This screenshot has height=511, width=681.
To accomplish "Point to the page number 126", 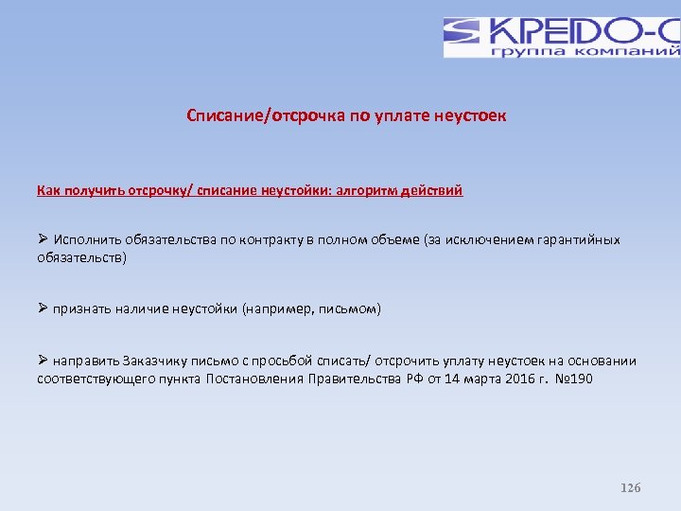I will click(x=630, y=487).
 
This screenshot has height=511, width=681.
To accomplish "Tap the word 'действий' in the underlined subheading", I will click(x=432, y=190).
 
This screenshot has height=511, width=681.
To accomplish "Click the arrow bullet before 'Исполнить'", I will click(x=43, y=239).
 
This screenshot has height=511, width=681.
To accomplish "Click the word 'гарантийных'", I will click(x=581, y=239).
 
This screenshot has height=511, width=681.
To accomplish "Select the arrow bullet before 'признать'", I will click(x=43, y=309).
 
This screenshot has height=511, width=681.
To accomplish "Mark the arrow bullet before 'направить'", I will click(x=43, y=361).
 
